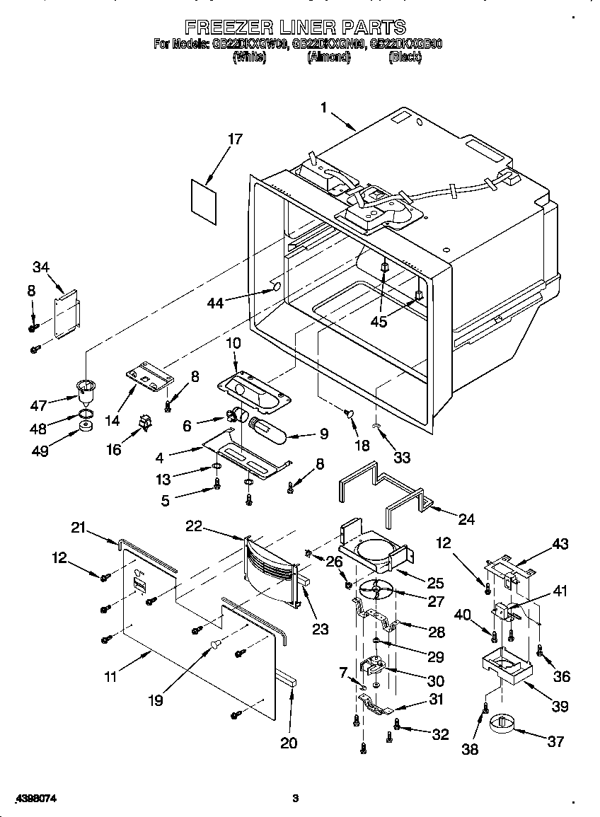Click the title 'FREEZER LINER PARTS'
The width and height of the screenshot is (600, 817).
coord(296,27)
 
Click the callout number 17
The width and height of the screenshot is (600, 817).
coord(234,139)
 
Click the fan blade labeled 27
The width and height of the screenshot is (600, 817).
coord(376,589)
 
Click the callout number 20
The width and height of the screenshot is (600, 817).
coord(289,743)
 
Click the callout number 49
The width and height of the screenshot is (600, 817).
coord(40,451)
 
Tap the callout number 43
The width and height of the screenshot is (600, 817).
coord(560,544)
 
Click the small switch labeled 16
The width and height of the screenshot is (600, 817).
coord(146,424)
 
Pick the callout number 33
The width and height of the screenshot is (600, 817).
coord(401,458)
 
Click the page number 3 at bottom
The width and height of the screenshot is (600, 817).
coord(296,799)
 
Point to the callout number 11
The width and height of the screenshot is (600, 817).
coord(110,677)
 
